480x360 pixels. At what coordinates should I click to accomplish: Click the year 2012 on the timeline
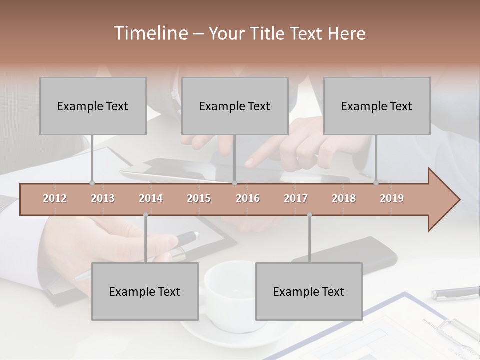[55, 198]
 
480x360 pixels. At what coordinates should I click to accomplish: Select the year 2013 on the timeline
[103, 198]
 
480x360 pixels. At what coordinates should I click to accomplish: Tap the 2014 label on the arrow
[151, 198]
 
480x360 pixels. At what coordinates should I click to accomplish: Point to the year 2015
[199, 198]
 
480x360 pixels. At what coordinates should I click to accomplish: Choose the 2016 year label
[248, 198]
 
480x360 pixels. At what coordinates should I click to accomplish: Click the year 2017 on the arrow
[296, 198]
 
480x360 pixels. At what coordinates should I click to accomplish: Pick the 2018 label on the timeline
[344, 198]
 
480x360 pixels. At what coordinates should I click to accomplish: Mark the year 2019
[392, 198]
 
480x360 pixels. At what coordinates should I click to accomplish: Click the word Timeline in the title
[150, 33]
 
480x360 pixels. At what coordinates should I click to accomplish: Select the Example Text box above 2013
[93, 106]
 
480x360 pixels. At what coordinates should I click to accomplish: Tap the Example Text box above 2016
[235, 106]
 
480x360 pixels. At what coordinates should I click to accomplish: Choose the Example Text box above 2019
[377, 106]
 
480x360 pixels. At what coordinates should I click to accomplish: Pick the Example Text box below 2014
[145, 292]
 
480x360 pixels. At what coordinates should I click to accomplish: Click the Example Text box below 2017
[309, 292]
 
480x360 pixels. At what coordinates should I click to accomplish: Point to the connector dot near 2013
[92, 183]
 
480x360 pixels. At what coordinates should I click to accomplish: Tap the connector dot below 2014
[145, 215]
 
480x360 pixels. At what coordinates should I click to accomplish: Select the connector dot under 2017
[309, 215]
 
